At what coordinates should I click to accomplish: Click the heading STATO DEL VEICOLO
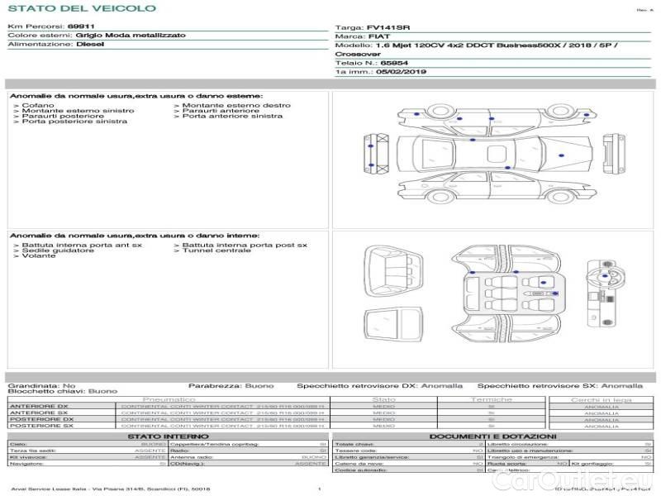pos(81,8)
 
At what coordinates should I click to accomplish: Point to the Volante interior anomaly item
pos(39,255)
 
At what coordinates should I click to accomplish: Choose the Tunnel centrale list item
pos(216,250)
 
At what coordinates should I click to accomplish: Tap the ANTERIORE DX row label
pos(39,406)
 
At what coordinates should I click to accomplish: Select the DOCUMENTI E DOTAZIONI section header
pos(492,436)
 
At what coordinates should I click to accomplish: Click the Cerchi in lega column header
pos(601,399)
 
